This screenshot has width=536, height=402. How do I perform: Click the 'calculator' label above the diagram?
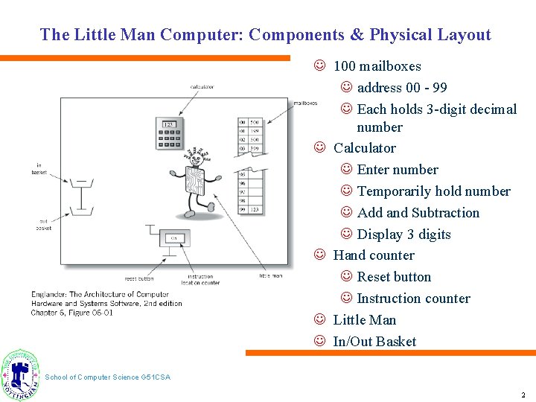pos(202,87)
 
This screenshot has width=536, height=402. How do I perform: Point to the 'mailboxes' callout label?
pos(305,103)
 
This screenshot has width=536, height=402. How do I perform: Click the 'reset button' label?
pos(139,278)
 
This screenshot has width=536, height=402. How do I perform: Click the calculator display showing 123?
pos(169,124)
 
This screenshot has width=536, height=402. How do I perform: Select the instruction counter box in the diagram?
pos(174,238)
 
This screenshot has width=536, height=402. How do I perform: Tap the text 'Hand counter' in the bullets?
pos(374,255)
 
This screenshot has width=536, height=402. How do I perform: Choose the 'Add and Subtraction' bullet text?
pos(418,213)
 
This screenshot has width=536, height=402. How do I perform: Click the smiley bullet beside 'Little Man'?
pos(319,319)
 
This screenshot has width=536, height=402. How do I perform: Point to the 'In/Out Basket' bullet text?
pos(374,342)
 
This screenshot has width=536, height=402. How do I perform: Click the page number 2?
pos(523,395)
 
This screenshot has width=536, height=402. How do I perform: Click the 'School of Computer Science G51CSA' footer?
pos(107,377)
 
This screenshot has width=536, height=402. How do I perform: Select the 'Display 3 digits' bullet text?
pos(403,234)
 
